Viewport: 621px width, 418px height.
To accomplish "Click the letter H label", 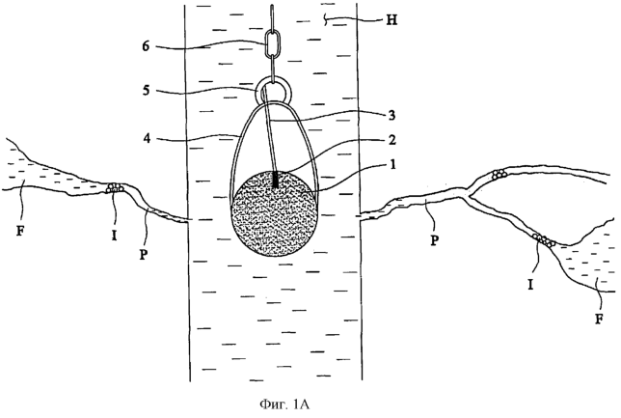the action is point(391,20).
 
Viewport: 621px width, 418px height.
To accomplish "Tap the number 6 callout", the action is point(146,46).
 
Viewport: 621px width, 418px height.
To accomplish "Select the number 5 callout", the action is point(147,91).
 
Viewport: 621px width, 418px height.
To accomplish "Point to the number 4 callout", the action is point(147,139).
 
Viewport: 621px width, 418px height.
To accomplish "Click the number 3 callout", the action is point(391,116).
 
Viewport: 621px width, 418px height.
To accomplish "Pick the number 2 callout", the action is point(392,140).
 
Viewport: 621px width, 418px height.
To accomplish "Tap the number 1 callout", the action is point(392,164).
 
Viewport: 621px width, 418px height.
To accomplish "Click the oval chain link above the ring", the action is point(273,44).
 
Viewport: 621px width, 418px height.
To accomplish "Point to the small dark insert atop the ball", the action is point(275,180).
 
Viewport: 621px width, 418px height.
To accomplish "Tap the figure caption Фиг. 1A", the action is point(284,404).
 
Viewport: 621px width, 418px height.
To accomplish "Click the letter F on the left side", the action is point(20,231).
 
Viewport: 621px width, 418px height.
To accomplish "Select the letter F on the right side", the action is point(599,319).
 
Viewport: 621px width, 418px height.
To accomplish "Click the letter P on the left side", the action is point(144,254).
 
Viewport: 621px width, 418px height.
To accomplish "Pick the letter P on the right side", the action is point(434,240).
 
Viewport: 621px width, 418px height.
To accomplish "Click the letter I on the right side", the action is point(530,285).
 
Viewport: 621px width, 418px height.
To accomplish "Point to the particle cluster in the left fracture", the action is point(115,188).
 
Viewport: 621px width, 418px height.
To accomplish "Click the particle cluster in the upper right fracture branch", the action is point(499,174).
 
